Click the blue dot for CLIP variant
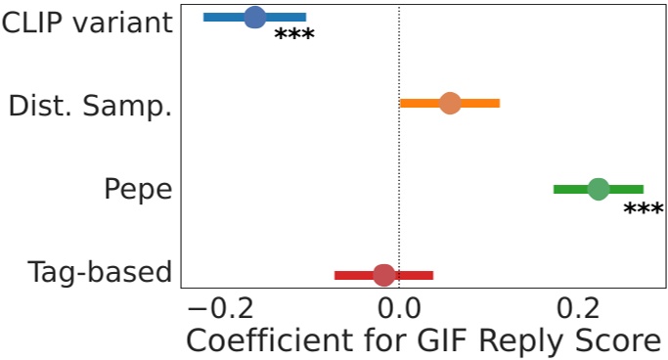[254, 17]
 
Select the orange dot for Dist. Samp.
[450, 103]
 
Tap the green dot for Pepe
[599, 189]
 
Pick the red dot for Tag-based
[384, 275]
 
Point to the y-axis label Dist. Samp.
[90, 105]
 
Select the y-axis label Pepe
[138, 190]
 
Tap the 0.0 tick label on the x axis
[399, 307]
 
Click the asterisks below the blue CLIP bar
[293, 37]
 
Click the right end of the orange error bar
[499, 103]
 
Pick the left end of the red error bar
[335, 275]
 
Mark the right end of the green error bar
[643, 189]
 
